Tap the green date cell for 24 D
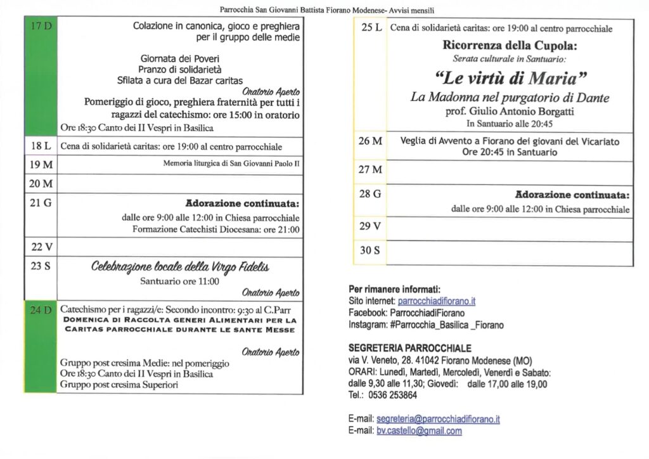coord(41,347)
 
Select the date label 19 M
coord(41,165)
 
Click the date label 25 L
coord(371,28)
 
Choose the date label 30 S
coord(370,250)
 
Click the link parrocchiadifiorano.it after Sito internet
coord(437,301)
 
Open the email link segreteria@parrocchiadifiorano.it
coord(438,419)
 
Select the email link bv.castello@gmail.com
coord(419,431)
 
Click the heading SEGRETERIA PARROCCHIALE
coord(410,348)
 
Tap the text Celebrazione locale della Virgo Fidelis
coord(180,267)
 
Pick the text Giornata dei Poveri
coord(180,58)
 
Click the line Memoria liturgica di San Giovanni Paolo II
coord(231,164)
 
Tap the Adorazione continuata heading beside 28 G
coord(572,195)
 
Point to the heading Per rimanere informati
coord(394,289)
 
